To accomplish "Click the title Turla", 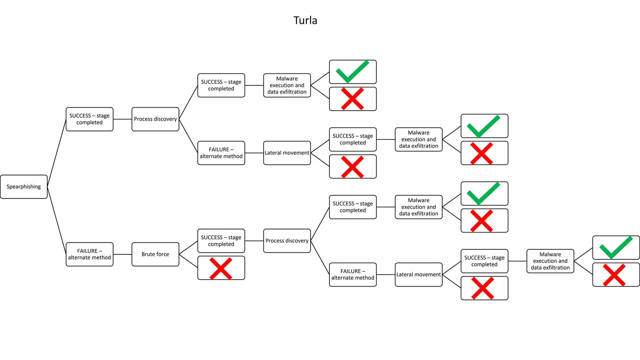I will (x=305, y=20).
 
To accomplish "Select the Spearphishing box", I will (x=24, y=187).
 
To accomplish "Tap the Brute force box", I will (x=155, y=254).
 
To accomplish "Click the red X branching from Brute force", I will (x=221, y=268).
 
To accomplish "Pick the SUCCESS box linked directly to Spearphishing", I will (x=89, y=119).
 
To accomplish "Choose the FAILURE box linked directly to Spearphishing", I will (x=89, y=254).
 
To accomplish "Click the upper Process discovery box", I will (x=155, y=119).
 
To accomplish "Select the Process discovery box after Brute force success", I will (x=287, y=241).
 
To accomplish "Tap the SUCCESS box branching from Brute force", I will (x=221, y=241).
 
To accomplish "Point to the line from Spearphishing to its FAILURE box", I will (x=57, y=220).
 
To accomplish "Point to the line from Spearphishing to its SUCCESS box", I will (x=57, y=153).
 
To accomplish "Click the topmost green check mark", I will (x=352, y=72).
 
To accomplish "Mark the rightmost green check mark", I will (x=616, y=247).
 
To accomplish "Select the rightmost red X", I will (x=614, y=275).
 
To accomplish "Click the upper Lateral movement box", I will (x=287, y=153).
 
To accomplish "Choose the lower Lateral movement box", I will (x=418, y=274).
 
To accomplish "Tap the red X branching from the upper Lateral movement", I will (x=352, y=167).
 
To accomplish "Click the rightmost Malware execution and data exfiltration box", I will (x=550, y=261).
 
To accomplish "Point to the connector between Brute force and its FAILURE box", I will (x=122, y=254).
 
